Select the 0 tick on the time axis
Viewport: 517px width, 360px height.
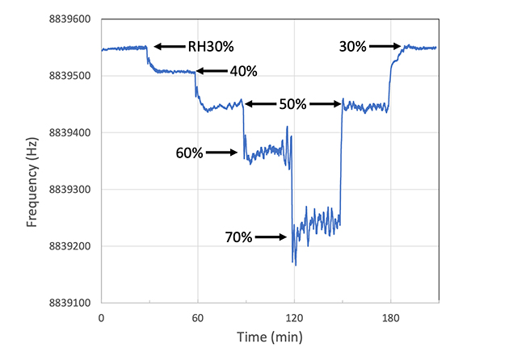click(x=101, y=318)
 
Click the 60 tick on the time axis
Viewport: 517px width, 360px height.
click(x=197, y=318)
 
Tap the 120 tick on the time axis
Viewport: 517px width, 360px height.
click(x=294, y=318)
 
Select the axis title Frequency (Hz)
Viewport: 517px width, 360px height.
click(x=33, y=161)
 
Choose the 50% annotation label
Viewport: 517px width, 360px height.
click(x=292, y=103)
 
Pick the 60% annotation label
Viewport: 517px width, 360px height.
click(x=190, y=152)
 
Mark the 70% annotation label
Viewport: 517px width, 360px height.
click(x=239, y=237)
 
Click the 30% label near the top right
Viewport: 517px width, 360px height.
click(x=353, y=47)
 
